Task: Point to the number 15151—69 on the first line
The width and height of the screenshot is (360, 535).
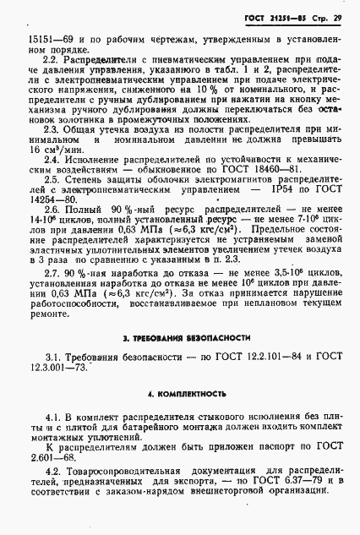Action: pos(46,39)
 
